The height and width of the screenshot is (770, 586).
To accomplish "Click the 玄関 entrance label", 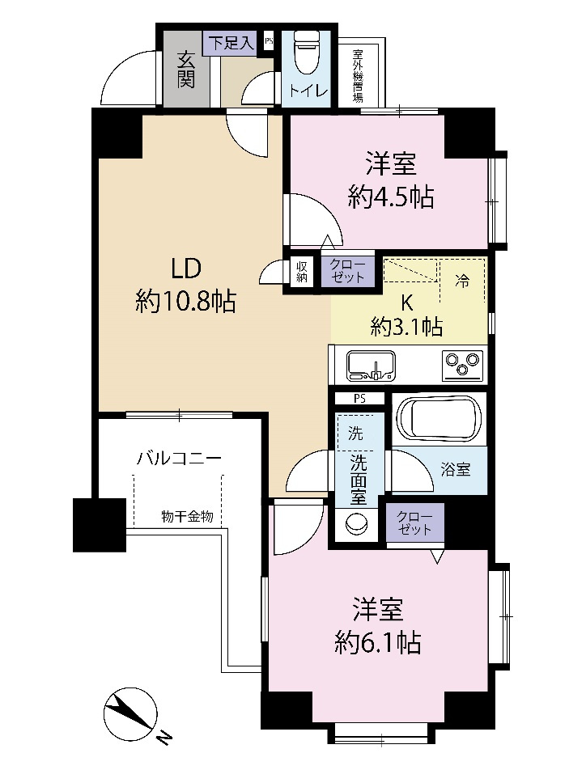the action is tap(186, 70).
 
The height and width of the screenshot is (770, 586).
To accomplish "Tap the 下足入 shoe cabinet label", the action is tap(232, 43).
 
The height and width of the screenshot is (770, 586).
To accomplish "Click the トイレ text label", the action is tap(308, 90).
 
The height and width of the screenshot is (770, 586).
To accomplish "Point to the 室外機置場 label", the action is tap(358, 74).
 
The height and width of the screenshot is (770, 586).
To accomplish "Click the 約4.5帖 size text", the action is tap(391, 197).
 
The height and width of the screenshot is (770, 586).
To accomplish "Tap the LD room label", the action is tap(186, 269).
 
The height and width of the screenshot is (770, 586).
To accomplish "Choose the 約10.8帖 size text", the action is tap(186, 302).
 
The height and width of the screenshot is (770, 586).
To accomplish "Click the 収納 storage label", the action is tap(302, 272).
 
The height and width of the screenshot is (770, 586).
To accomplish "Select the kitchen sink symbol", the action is tap(372, 366).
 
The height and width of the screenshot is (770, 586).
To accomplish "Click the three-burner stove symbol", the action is tap(461, 366).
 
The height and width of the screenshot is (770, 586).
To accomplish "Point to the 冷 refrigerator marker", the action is tap(462, 281).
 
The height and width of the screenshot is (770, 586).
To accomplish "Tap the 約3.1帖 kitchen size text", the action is tap(406, 326).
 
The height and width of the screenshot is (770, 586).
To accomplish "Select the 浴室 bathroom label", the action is tap(456, 469).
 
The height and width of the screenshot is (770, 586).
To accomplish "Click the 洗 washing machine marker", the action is tap(355, 434).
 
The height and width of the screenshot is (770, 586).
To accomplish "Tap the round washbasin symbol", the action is tap(356, 524).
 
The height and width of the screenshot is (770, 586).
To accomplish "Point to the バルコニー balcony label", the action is tap(179, 459).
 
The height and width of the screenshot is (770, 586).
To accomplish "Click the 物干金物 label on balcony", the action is tap(187, 517).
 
